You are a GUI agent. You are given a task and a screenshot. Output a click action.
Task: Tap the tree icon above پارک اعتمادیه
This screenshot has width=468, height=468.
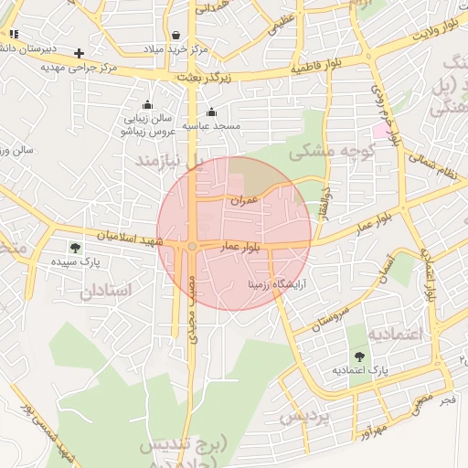(358, 356)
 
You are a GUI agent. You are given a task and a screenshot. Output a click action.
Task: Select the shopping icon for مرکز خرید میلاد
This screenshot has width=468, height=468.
(175, 35)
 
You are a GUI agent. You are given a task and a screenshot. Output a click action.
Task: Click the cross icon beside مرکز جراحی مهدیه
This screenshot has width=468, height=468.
(80, 53)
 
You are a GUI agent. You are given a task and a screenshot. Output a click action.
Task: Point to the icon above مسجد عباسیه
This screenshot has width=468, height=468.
(211, 112)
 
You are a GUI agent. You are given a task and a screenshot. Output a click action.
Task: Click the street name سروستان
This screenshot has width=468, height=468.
(330, 314)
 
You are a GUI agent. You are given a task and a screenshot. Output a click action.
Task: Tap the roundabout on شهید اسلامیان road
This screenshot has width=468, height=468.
(193, 247)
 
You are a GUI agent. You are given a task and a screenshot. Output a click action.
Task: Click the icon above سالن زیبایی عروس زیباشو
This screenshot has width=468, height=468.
(147, 104)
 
